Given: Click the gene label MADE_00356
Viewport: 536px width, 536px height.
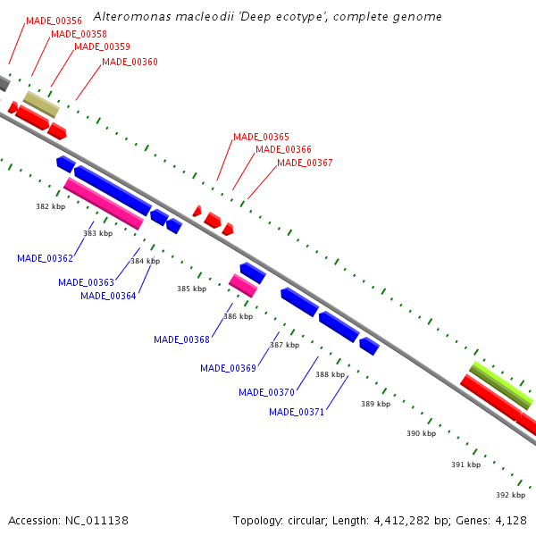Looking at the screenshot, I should click(54, 20).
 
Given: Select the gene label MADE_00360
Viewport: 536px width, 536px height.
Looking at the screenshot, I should click(130, 63).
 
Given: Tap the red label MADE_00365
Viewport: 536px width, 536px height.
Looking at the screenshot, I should click(261, 138).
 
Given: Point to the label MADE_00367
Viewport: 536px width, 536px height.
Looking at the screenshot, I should click(305, 163).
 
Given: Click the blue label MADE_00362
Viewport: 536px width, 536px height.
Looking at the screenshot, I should click(45, 259).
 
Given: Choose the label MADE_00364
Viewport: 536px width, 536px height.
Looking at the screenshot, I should click(108, 297).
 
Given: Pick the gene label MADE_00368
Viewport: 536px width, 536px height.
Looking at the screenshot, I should click(181, 339).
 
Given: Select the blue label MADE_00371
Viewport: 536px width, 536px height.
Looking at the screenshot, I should click(297, 413).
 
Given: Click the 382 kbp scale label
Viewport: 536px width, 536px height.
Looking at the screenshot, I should click(51, 206).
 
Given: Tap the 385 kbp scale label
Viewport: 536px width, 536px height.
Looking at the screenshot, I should click(191, 289).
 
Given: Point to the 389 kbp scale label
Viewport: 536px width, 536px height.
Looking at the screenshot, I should click(375, 405).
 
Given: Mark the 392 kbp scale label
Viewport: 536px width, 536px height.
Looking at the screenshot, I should click(510, 495).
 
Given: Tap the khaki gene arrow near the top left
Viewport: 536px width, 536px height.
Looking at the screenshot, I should click(41, 104).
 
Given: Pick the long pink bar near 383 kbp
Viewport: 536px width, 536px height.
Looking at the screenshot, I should click(104, 203).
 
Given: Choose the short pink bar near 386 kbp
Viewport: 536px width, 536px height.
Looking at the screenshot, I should click(243, 286).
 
